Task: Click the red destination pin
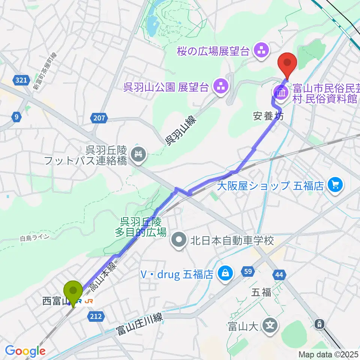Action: coord(287,62)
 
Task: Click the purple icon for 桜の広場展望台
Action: coord(261,51)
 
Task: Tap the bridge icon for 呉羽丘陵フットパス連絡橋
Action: coord(138,153)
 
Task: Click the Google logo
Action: coord(25,351)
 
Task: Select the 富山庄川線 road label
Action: coord(139,324)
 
